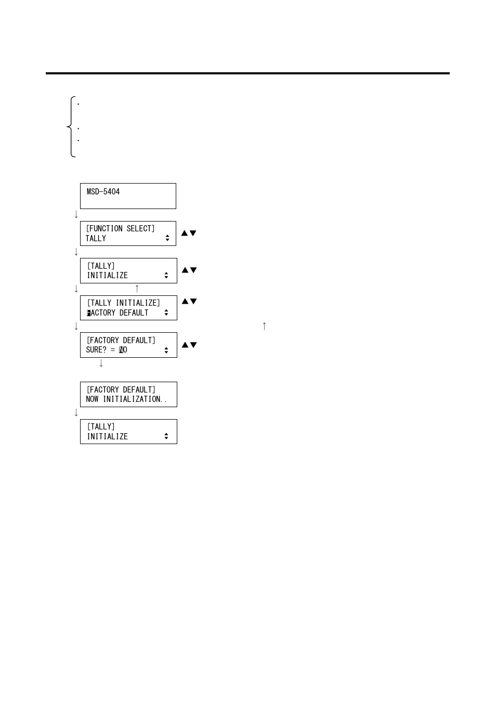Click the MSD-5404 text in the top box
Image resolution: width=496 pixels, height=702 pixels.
pos(103,192)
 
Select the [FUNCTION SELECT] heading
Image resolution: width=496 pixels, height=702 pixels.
pos(120,229)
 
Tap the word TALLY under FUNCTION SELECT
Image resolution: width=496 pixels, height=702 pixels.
pos(96,239)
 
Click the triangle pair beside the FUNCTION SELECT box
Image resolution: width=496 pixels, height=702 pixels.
pos(189,233)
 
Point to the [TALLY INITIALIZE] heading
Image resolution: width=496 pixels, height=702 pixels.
pos(123,303)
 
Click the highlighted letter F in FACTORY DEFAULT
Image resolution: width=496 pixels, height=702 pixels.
pos(89,313)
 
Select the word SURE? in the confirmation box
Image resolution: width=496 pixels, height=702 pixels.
pos(96,350)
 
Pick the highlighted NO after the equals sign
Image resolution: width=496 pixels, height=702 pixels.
pos(123,350)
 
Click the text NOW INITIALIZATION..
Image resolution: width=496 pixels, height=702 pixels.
pos(126,399)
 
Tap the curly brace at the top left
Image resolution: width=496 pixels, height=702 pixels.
pos(72,126)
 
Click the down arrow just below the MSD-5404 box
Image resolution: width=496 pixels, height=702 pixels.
pos(76,214)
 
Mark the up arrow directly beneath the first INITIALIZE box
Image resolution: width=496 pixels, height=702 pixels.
pos(137,289)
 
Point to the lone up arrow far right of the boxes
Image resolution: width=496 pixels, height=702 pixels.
pos(264,326)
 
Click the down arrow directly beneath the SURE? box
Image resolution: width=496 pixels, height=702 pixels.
pos(101,363)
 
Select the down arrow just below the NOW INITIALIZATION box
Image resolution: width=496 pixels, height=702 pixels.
pos(76,413)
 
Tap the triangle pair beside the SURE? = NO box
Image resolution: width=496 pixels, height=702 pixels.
pos(189,345)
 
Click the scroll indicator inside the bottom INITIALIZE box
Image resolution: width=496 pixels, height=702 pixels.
pos(166,436)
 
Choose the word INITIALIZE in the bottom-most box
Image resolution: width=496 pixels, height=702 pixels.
pos(107,437)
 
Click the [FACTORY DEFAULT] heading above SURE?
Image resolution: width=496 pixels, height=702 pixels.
pos(121,341)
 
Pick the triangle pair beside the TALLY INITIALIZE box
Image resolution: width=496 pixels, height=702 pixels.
pos(189,302)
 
